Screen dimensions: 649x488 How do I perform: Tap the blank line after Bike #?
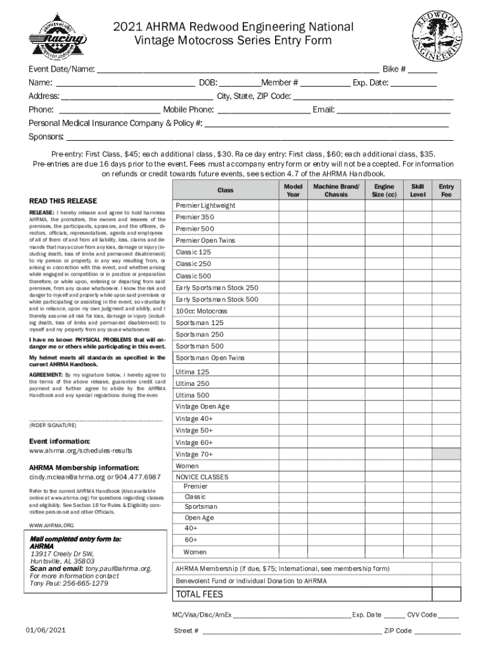point(423,70)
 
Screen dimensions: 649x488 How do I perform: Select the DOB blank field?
point(240,84)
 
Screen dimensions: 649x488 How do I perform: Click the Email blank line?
point(393,111)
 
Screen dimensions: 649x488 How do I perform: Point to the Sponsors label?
point(46,137)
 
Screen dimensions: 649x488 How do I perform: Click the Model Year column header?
point(292,191)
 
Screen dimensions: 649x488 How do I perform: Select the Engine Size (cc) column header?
point(384,191)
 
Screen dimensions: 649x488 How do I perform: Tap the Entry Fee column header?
point(446,191)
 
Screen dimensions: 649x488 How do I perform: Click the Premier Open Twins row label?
point(205,240)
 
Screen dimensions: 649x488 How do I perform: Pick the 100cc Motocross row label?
point(201,311)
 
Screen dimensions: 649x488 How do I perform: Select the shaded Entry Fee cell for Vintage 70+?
point(446,454)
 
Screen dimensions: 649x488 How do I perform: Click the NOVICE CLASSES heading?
point(202,477)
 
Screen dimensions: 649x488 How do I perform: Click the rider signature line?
point(95,419)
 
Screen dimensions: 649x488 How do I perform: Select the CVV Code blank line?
point(449,615)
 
